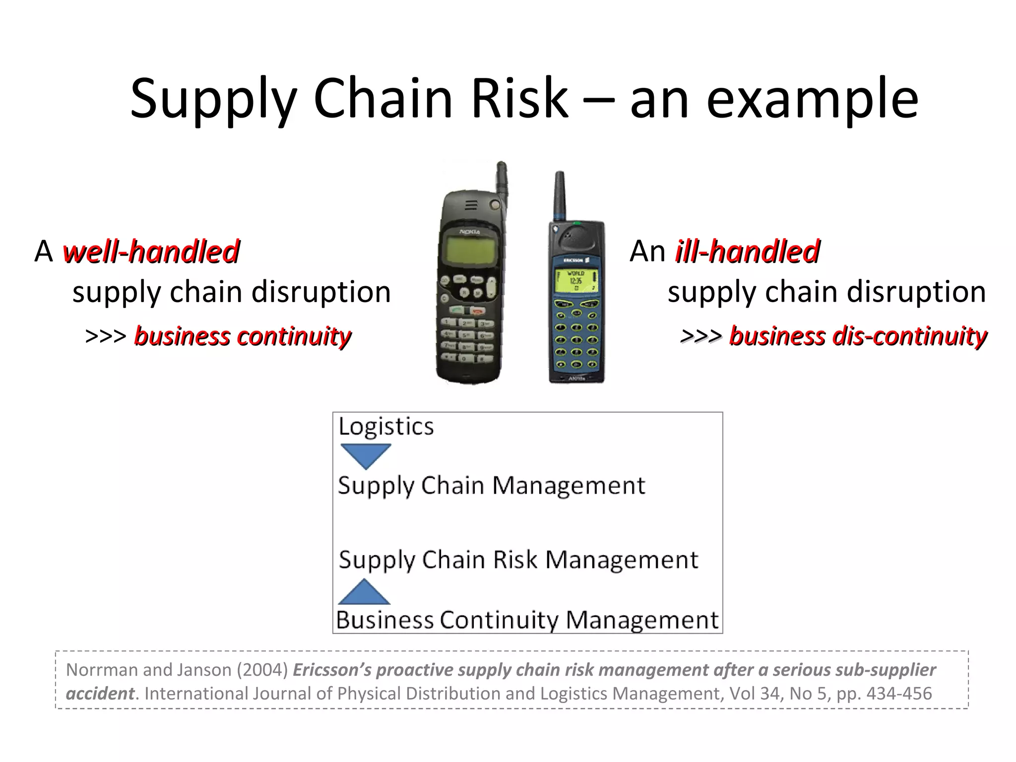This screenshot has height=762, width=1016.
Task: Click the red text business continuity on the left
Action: [x=243, y=336]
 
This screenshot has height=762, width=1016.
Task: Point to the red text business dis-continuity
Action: [x=858, y=336]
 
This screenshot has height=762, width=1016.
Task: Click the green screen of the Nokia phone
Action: [x=467, y=250]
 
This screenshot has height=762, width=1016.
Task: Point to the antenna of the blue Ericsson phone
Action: [x=560, y=196]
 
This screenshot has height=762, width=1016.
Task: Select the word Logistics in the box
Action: [x=386, y=427]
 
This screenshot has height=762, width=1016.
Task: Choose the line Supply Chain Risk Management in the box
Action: [x=518, y=560]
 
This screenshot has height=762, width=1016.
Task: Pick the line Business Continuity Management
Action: [x=527, y=620]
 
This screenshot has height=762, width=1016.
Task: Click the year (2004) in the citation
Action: [x=262, y=670]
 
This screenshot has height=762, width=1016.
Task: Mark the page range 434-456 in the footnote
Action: [x=899, y=694]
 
